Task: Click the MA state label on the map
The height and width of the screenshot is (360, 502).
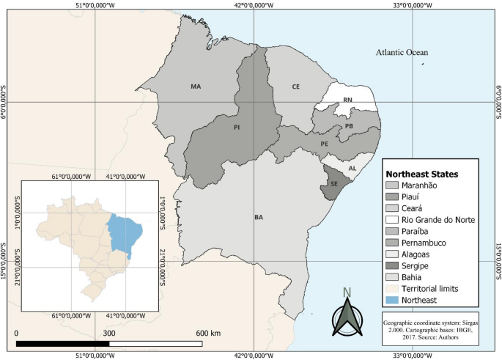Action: pyautogui.click(x=196, y=87)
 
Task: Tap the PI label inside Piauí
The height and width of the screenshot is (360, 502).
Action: pyautogui.click(x=237, y=127)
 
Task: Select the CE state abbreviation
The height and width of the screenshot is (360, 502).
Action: pyautogui.click(x=296, y=87)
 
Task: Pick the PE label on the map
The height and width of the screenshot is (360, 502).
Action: pyautogui.click(x=324, y=144)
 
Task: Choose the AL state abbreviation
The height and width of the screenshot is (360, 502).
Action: pyautogui.click(x=352, y=167)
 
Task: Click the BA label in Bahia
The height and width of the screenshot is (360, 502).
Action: pyautogui.click(x=259, y=217)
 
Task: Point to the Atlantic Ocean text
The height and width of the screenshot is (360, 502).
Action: pyautogui.click(x=402, y=53)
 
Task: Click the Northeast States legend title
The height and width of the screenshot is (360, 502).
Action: pyautogui.click(x=422, y=175)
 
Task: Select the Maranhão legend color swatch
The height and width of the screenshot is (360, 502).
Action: pyautogui.click(x=392, y=186)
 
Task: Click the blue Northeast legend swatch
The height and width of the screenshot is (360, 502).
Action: pyautogui.click(x=392, y=300)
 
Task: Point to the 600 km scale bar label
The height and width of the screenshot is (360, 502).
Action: pyautogui.click(x=209, y=333)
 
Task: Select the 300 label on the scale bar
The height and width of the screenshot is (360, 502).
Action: pyautogui.click(x=109, y=333)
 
